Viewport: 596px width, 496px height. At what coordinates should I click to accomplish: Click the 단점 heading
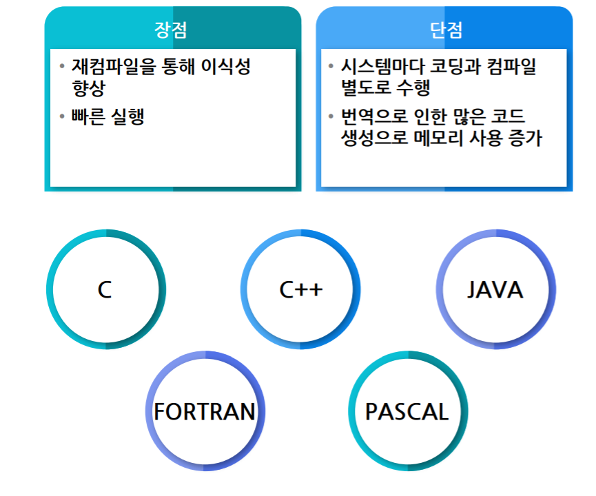[x=446, y=30]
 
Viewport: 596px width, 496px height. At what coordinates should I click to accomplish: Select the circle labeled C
[x=105, y=290]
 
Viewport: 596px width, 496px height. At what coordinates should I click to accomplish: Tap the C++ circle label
[x=300, y=290]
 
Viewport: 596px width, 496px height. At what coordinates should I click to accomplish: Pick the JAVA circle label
[x=495, y=290]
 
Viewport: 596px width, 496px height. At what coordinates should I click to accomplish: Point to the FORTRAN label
[x=205, y=412]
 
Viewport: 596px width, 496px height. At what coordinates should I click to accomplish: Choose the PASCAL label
[x=407, y=412]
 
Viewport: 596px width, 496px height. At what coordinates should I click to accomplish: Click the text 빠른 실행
[x=107, y=116]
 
